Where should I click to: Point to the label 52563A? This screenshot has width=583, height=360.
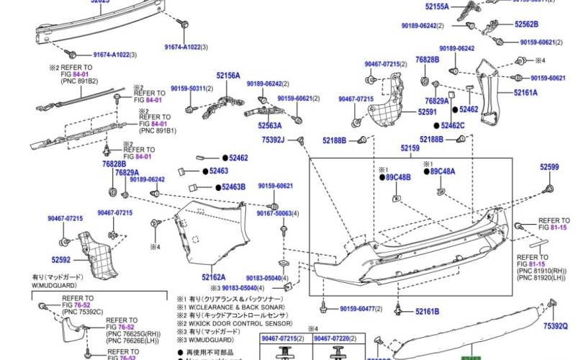click(x=270, y=125)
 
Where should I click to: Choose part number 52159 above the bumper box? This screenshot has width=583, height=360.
click(x=410, y=148)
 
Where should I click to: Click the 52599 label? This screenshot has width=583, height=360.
click(x=549, y=167)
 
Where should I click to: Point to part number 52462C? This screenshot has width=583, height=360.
click(x=453, y=125)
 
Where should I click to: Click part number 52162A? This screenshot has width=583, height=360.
click(x=214, y=276)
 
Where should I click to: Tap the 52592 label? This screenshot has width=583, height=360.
click(x=60, y=259)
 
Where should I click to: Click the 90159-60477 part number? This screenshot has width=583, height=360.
click(x=361, y=308)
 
